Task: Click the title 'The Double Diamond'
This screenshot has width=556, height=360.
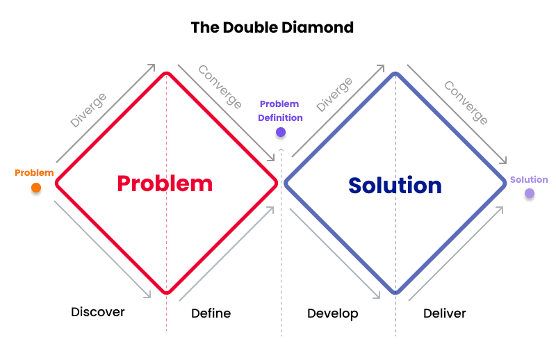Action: pos(272,28)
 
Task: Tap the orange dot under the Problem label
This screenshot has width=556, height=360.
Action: pos(36,187)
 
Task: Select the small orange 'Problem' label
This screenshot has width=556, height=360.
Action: pos(34,173)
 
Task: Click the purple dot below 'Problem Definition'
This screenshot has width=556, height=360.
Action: pos(280,131)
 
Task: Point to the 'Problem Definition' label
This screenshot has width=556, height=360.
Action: pos(280,111)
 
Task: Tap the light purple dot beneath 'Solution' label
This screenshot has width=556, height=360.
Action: pos(530,193)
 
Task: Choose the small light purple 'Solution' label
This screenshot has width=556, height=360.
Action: pos(529,180)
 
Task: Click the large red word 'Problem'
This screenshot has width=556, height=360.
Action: pos(165,183)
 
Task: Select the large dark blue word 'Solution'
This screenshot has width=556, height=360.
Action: pos(395,186)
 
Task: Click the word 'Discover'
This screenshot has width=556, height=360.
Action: pos(98,312)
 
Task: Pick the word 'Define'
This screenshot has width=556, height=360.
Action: pos(211,313)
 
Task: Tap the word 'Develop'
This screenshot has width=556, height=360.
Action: pos(333,313)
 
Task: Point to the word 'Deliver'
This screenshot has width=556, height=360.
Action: pos(445,313)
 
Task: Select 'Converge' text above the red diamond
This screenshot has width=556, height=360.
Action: pos(220,87)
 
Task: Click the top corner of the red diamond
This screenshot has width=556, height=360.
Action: pos(166,72)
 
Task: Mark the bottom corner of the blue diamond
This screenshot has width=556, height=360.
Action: pos(396,293)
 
